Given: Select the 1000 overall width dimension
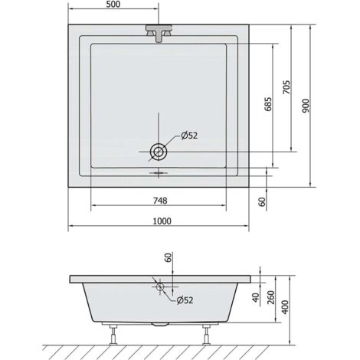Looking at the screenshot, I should click(159, 221).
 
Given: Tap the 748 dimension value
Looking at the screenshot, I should click(159, 201).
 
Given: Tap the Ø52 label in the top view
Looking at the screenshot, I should click(190, 136).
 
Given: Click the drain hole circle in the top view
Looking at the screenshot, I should click(159, 152).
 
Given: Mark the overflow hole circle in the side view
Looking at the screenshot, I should click(159, 288).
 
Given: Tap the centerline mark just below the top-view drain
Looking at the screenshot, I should click(159, 172).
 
